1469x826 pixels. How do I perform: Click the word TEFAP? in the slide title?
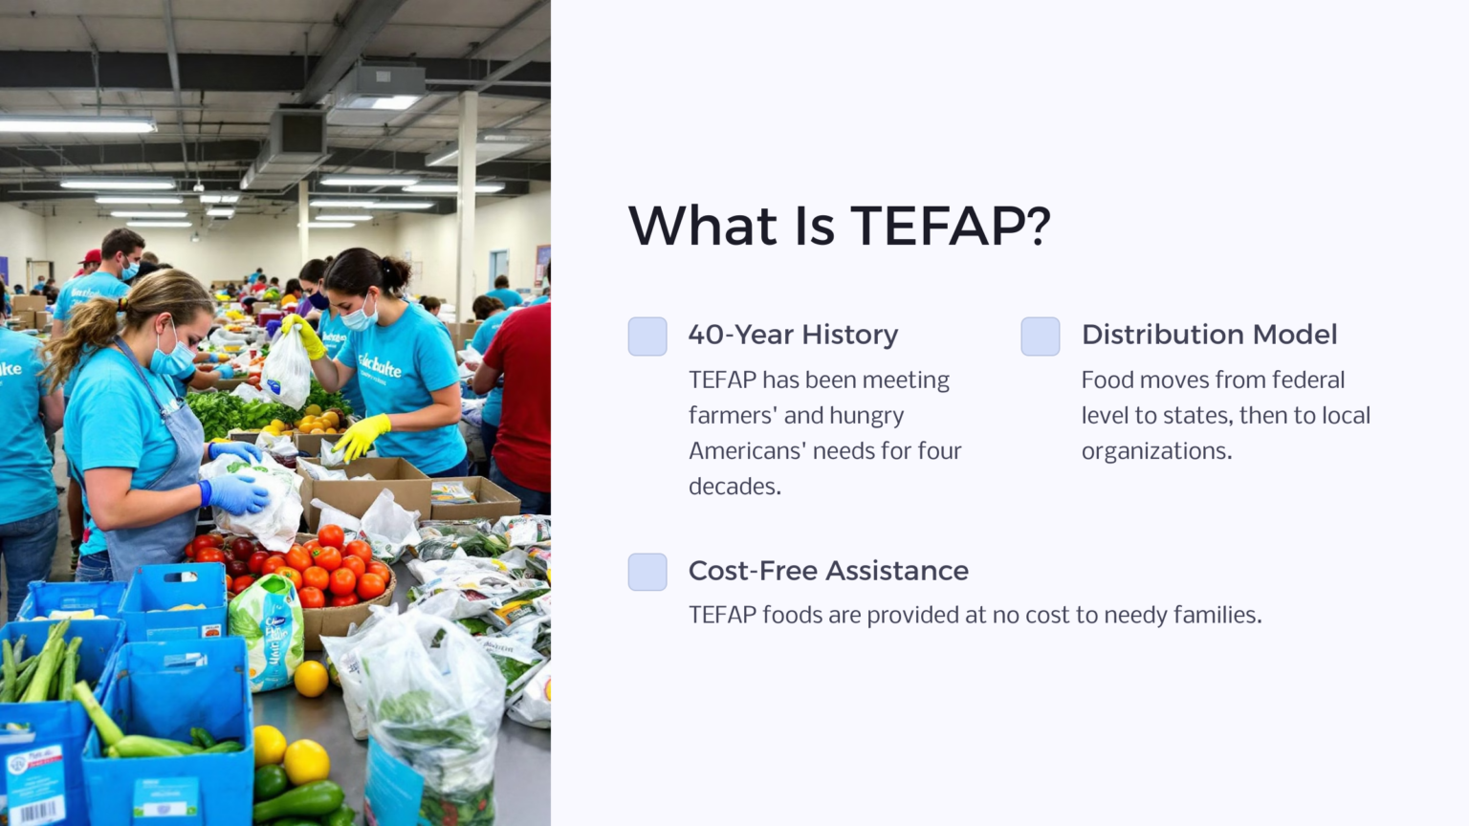950,227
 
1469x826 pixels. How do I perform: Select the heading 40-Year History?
793,335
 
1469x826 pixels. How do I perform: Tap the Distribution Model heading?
1209,335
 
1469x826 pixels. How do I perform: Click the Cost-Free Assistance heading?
828,571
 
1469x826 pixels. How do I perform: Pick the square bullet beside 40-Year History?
647,337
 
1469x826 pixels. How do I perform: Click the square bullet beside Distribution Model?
1041,337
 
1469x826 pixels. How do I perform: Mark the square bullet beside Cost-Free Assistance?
647,572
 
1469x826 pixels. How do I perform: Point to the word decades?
734,487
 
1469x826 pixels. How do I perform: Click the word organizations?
1156,451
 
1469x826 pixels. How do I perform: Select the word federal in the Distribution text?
1308,380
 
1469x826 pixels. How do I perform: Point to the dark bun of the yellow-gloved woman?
396,272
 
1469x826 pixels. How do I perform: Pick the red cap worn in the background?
91,257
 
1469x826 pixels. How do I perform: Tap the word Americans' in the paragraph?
747,451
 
